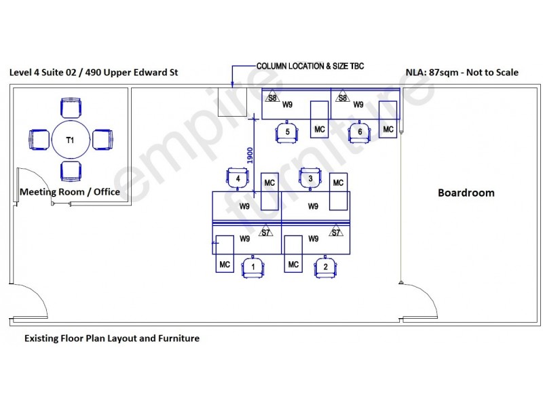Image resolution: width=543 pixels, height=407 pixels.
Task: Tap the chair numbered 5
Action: tap(286, 132)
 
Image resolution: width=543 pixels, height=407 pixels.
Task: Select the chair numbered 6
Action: tap(360, 132)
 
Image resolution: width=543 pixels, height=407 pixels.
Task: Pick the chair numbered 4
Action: tap(238, 178)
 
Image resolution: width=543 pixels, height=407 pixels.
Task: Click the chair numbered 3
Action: tap(310, 178)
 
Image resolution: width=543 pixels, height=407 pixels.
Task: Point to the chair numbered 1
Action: tap(252, 267)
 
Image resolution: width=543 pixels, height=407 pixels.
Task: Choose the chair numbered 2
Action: tap(325, 267)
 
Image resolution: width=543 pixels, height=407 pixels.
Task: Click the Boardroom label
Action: tap(466, 193)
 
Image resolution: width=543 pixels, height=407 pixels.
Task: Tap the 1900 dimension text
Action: tap(250, 155)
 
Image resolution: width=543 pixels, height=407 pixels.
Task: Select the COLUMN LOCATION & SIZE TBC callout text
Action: tap(310, 66)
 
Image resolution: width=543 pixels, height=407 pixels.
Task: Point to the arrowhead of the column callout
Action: tap(232, 85)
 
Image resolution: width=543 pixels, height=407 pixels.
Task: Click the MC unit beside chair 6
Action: tap(388, 119)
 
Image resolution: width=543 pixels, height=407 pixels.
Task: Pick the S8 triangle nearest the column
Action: tap(273, 97)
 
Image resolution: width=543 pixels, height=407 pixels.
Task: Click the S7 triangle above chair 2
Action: tap(336, 231)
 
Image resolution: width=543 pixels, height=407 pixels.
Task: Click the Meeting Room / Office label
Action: tap(70, 192)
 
